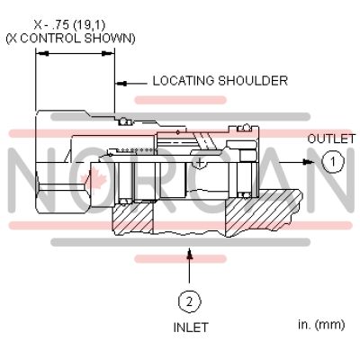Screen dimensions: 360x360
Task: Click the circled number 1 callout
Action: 333,161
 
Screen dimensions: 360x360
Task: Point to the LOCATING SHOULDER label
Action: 220,81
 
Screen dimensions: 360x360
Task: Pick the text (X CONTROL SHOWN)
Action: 71,38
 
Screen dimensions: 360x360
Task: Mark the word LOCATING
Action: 184,81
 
